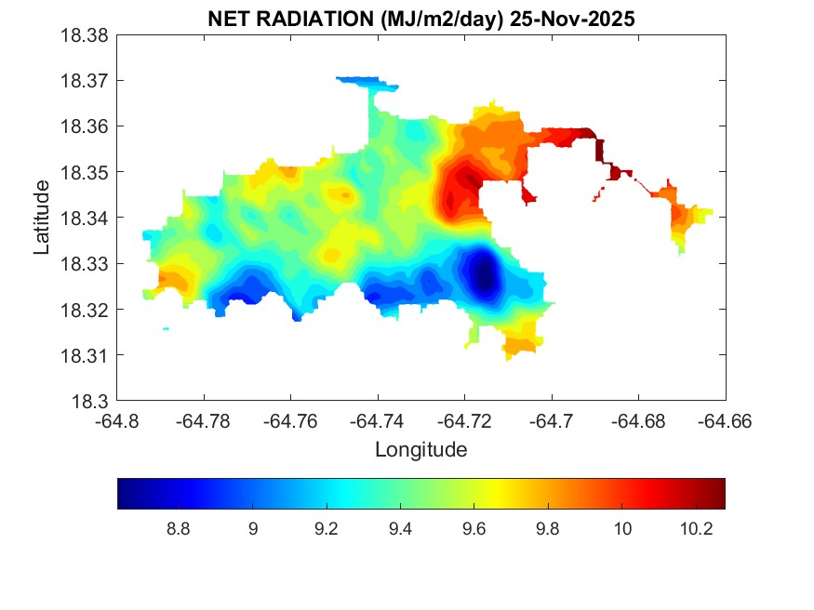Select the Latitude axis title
pos(42,218)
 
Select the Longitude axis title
pos(420,450)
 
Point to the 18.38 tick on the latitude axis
pos(87,35)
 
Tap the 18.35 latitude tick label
pos(87,172)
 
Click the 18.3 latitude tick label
pos(92,401)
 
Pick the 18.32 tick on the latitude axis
pos(87,310)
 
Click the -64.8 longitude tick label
pos(118,420)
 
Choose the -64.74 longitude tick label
pos(377,420)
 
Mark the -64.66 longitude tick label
pos(726,420)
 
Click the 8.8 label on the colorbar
pos(178,529)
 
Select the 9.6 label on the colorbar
pos(474,529)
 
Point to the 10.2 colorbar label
pos(697,529)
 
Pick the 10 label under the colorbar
pos(622,529)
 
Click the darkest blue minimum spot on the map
pos(483,274)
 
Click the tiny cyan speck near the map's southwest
pos(166,328)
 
